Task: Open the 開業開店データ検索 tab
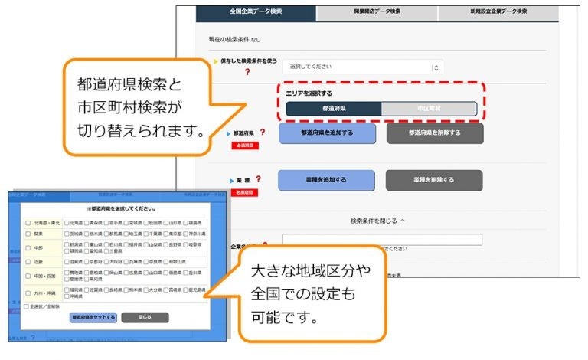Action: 377,11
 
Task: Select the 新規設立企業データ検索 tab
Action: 498,11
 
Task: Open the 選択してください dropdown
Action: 362,67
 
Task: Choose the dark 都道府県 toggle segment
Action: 333,109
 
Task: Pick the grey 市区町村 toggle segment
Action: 429,109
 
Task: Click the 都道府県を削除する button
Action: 434,133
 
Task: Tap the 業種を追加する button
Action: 326,180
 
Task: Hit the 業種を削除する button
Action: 434,180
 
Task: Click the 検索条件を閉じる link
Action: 378,221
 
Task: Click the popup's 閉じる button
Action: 145,317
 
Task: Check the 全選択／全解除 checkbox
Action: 27,306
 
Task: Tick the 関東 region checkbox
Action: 28,234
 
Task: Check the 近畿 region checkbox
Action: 28,260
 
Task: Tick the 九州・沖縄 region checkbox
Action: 28,293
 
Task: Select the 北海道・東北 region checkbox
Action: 28,223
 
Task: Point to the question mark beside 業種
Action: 258,179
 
